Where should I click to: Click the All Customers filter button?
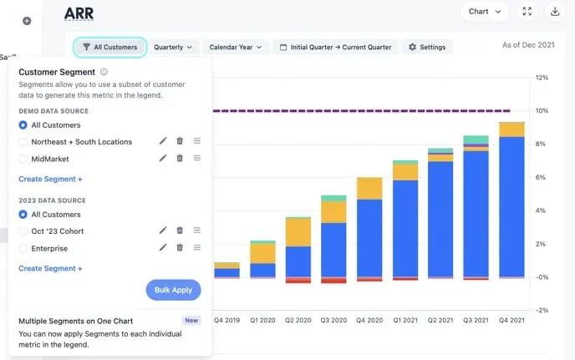click(109, 48)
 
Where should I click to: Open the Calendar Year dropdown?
click(236, 48)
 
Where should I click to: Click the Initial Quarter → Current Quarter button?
click(335, 48)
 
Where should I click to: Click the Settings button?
click(427, 48)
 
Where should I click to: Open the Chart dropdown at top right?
click(484, 12)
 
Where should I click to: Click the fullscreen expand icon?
click(527, 12)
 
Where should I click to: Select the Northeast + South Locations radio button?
click(23, 142)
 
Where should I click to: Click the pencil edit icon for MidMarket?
click(163, 159)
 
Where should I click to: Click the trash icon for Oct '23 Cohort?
click(180, 231)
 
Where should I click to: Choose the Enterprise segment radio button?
click(23, 248)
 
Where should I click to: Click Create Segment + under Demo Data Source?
click(50, 179)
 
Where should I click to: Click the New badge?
click(191, 320)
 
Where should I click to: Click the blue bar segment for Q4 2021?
click(511, 205)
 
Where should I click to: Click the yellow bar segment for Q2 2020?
click(298, 231)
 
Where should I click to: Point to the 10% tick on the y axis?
click(542, 111)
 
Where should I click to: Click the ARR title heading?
click(79, 13)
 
